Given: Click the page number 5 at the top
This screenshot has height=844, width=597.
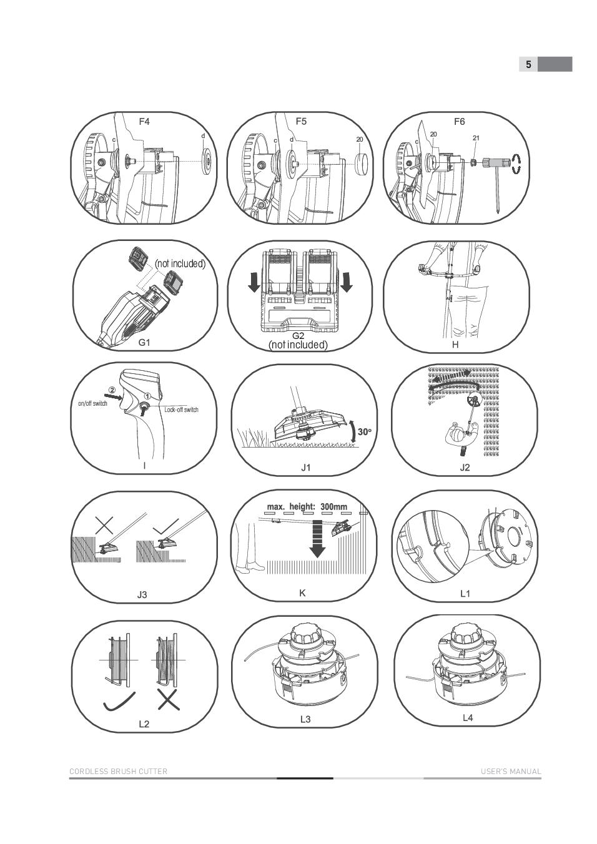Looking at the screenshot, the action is tap(528, 64).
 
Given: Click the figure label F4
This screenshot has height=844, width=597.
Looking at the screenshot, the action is tap(144, 122).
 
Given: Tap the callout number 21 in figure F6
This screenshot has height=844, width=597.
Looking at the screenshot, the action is tap(476, 138).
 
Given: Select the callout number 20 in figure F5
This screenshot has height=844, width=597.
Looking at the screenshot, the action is tap(360, 139).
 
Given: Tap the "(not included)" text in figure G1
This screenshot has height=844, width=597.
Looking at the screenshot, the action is tap(180, 263).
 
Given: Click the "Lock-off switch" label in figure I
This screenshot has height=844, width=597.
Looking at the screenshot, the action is tap(181, 410).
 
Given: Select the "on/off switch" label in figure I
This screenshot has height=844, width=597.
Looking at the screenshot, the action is tap(92, 403).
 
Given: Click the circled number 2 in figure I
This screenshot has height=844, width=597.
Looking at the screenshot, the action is tap(112, 390).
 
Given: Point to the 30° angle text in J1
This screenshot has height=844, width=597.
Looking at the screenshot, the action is tap(365, 431).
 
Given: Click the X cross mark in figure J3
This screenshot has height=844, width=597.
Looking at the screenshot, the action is tap(104, 525).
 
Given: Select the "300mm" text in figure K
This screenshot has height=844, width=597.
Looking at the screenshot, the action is tap(334, 506).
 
